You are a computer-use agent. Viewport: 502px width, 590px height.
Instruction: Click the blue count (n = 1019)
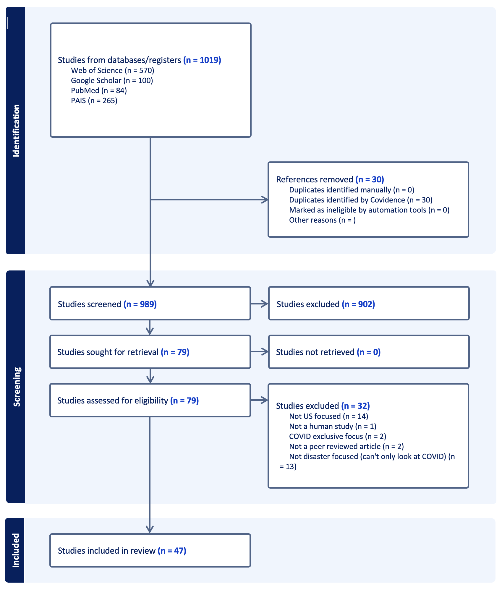tap(202, 60)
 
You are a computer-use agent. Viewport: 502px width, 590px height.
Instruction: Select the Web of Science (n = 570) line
tap(112, 70)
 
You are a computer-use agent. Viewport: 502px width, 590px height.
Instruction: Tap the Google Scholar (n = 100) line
tap(112, 80)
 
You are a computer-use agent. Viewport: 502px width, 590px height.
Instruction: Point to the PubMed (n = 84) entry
tap(99, 90)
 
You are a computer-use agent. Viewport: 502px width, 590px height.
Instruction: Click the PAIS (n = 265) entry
tap(94, 101)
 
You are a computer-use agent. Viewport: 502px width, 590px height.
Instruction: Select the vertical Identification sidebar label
tap(16, 130)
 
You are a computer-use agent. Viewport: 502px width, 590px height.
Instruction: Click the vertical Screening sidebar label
tap(17, 387)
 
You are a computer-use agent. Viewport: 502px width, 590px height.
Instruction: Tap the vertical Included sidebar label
tap(15, 550)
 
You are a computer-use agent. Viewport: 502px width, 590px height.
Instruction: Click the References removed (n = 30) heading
tap(330, 179)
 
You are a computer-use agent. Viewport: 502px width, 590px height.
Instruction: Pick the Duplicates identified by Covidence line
tap(360, 200)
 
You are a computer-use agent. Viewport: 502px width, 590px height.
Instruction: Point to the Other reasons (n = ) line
tap(322, 220)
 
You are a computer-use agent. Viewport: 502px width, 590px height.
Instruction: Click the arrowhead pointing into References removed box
tap(265, 200)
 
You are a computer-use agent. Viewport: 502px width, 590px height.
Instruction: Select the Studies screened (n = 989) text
tap(107, 304)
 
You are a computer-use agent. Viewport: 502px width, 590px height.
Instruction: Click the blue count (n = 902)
tap(358, 304)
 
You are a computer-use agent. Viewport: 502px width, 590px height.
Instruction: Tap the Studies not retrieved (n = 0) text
tap(328, 352)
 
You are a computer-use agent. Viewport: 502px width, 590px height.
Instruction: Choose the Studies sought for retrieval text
tap(123, 352)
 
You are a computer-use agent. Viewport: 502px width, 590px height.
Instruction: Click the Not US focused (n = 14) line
tap(328, 416)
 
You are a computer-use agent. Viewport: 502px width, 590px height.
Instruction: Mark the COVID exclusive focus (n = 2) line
tap(337, 436)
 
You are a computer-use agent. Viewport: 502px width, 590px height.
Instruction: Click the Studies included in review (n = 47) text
tap(122, 551)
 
